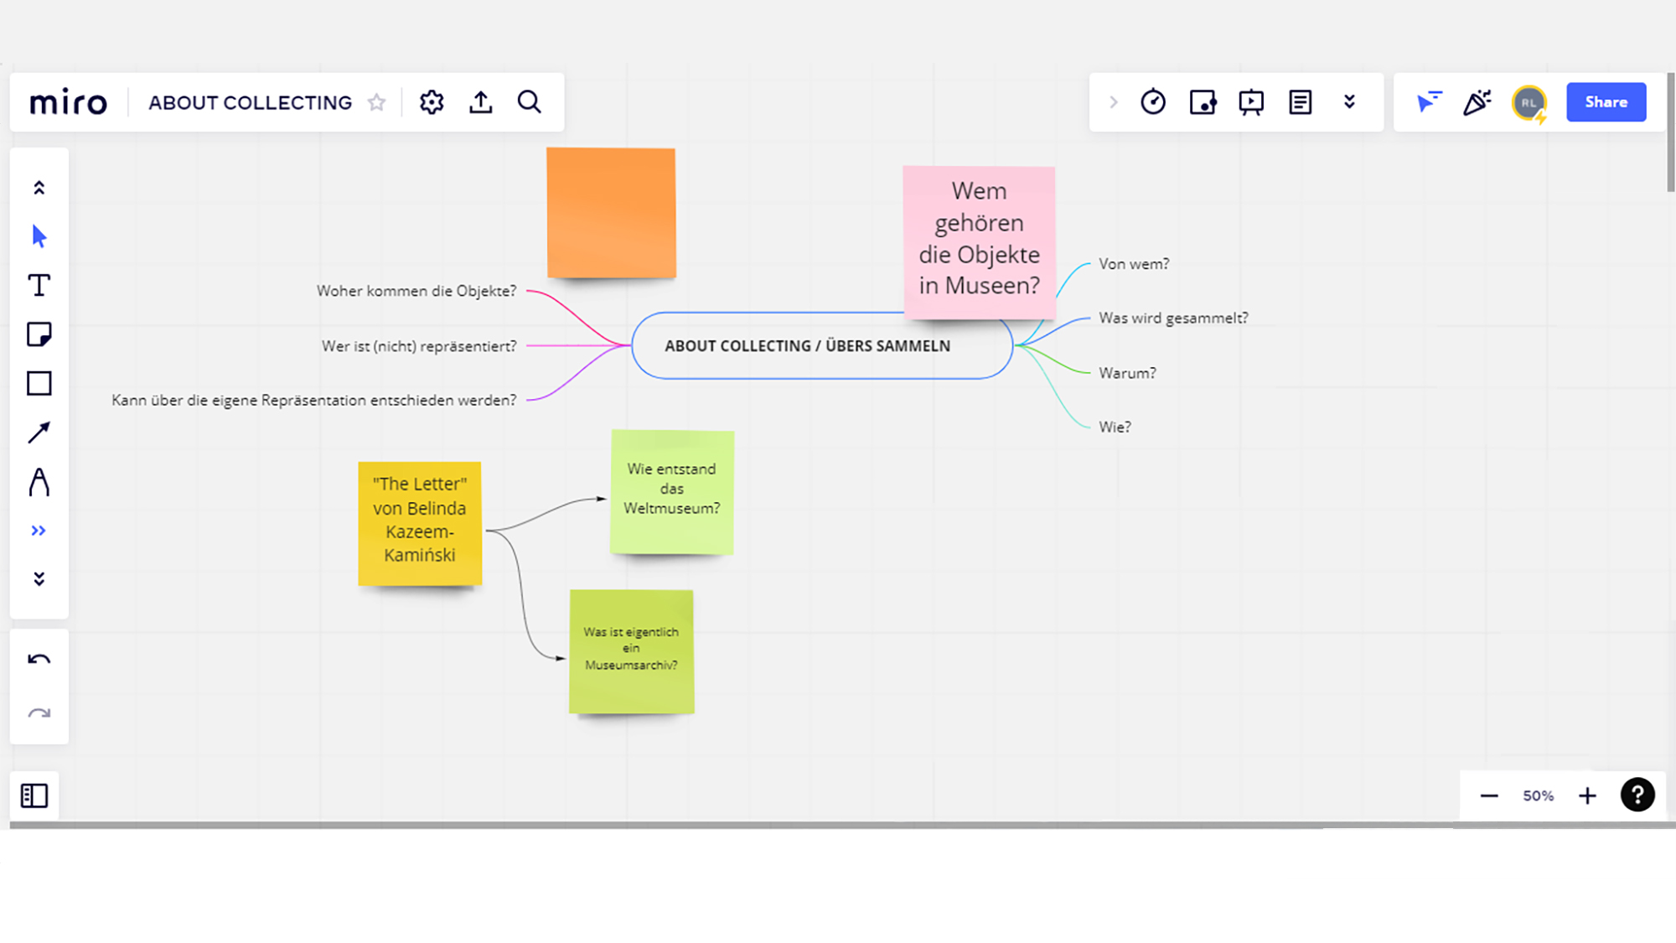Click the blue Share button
click(x=1606, y=102)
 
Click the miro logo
click(x=69, y=102)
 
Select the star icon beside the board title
click(x=377, y=102)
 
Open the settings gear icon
click(x=432, y=102)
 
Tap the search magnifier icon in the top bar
click(x=530, y=102)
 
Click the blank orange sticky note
click(x=611, y=212)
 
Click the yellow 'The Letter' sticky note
click(x=420, y=521)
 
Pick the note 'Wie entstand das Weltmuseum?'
click(x=672, y=490)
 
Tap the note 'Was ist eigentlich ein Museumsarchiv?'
click(x=631, y=650)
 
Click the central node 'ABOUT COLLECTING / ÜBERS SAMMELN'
click(x=807, y=346)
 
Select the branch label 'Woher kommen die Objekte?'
click(x=416, y=291)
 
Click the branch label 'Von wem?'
click(x=1134, y=264)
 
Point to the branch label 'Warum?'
click(x=1127, y=373)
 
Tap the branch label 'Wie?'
click(x=1115, y=427)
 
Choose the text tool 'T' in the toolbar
click(x=39, y=286)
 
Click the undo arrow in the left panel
click(x=39, y=660)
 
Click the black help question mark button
click(x=1637, y=795)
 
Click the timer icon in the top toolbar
click(x=1153, y=102)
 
